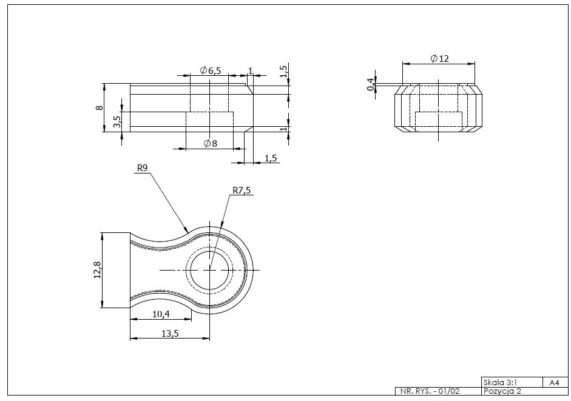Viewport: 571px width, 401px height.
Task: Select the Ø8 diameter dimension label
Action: pyautogui.click(x=211, y=144)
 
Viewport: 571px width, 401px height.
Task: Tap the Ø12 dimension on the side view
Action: pyautogui.click(x=439, y=58)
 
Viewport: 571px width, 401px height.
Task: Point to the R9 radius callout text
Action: pyautogui.click(x=143, y=169)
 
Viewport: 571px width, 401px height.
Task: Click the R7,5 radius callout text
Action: pyautogui.click(x=242, y=190)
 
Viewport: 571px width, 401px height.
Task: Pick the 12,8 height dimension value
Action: pyautogui.click(x=96, y=270)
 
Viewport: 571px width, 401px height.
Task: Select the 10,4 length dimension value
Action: pyautogui.click(x=160, y=314)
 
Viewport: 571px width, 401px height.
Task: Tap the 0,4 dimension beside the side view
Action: pyautogui.click(x=370, y=84)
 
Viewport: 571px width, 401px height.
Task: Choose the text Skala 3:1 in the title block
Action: pyautogui.click(x=501, y=383)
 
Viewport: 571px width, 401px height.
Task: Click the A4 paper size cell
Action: pyautogui.click(x=553, y=383)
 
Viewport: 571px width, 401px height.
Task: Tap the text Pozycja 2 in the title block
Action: pyautogui.click(x=502, y=391)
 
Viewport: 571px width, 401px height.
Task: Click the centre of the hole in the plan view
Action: pyautogui.click(x=209, y=269)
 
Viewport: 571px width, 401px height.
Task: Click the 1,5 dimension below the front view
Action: pyautogui.click(x=271, y=158)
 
